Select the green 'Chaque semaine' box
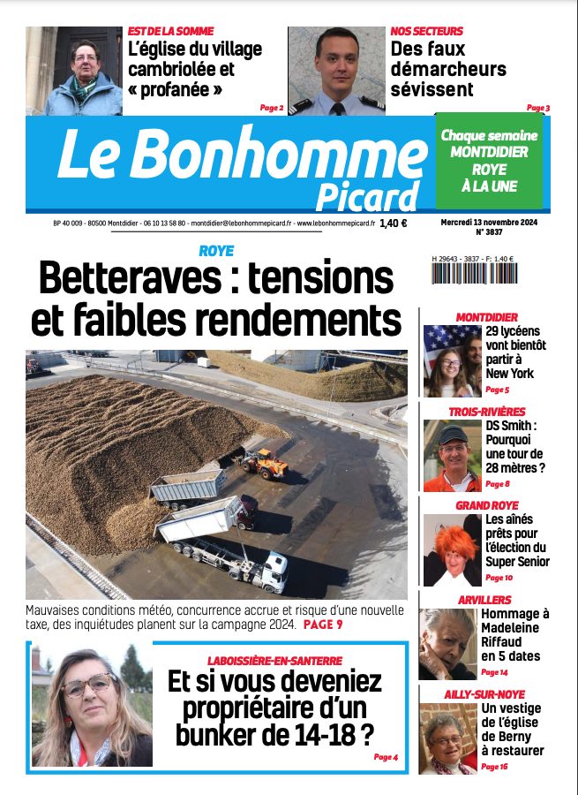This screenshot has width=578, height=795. [489, 160]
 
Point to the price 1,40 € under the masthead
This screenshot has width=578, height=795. [394, 224]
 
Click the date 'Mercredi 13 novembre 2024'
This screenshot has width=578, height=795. [488, 223]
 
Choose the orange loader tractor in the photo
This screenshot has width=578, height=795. [262, 463]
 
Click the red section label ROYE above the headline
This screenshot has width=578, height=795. [216, 251]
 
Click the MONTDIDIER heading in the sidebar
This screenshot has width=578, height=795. [486, 317]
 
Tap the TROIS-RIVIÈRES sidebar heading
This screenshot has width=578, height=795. [486, 412]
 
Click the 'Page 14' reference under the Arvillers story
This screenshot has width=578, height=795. [494, 672]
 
